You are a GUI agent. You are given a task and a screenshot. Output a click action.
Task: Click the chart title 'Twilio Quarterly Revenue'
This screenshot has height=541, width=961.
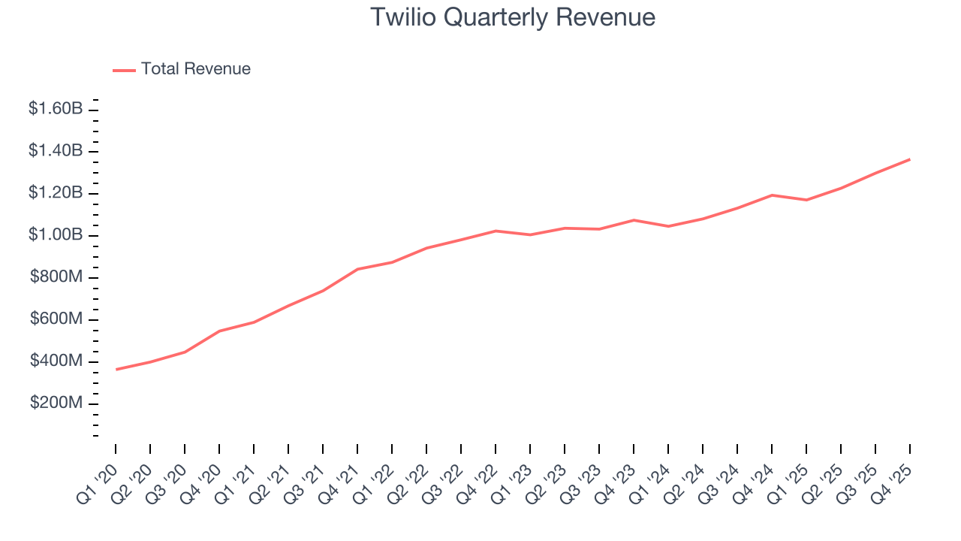[513, 17]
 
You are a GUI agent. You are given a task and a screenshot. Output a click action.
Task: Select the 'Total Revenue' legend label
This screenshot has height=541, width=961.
[195, 69]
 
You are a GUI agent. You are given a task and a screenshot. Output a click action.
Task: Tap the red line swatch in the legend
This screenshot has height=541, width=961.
[124, 70]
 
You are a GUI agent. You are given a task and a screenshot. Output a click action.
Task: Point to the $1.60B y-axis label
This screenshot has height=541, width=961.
[56, 109]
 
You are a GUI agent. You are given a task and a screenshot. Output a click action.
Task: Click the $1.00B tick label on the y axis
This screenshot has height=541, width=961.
[56, 235]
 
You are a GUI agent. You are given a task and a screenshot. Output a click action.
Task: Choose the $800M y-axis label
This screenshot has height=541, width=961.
[56, 277]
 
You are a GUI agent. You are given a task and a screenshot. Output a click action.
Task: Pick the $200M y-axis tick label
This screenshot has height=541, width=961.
[56, 403]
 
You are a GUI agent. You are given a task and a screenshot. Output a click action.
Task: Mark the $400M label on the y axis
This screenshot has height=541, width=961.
[56, 361]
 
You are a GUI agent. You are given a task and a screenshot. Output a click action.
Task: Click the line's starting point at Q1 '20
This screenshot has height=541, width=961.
[116, 369]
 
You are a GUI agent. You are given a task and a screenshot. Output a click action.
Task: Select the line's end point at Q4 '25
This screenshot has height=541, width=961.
[910, 159]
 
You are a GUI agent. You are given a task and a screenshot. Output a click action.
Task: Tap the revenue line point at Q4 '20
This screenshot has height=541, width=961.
[220, 331]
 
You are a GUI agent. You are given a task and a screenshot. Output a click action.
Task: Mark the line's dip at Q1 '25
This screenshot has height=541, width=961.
[806, 200]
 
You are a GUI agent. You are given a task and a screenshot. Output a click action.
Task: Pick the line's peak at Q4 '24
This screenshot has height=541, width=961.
[772, 195]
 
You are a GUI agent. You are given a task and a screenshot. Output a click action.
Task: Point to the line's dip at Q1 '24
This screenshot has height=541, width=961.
[668, 226]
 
